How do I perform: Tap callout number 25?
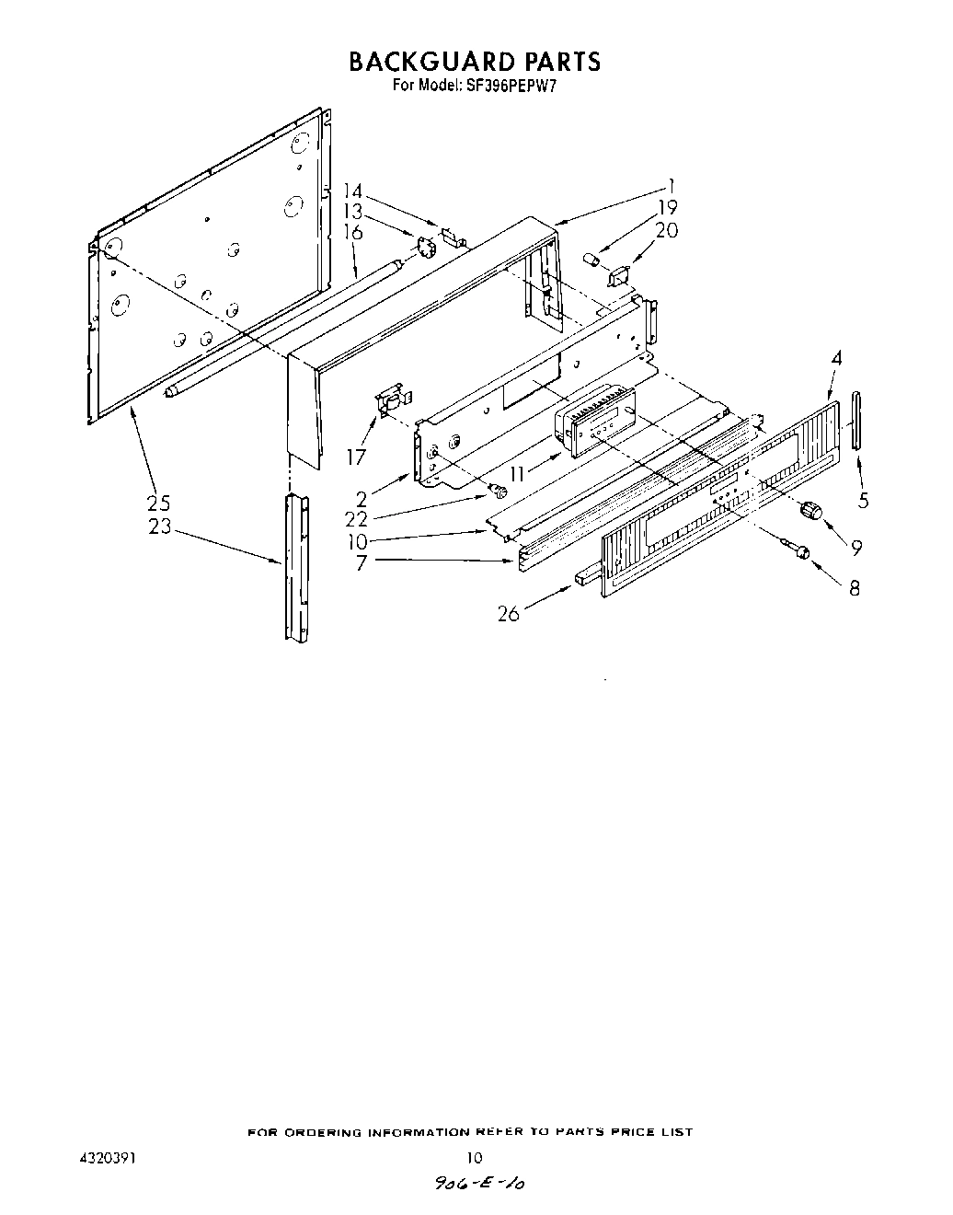[157, 503]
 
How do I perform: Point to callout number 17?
[356, 457]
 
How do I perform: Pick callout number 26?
[509, 614]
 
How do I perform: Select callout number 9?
[856, 548]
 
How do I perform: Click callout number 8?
[855, 587]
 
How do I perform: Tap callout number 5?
[862, 502]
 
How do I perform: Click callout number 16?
[352, 232]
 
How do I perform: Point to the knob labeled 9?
[810, 510]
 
